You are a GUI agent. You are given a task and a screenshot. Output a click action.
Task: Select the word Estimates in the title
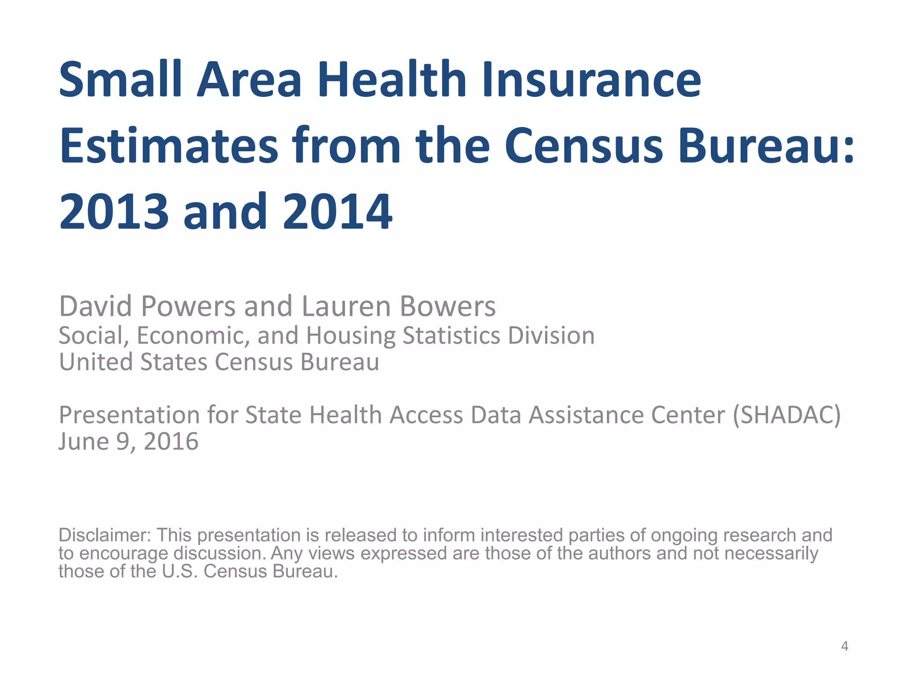tap(169, 145)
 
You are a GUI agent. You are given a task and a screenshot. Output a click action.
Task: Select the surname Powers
tap(188, 306)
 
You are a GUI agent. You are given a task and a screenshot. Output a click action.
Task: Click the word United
tap(96, 362)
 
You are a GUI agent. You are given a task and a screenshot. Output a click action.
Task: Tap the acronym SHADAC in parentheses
tap(786, 415)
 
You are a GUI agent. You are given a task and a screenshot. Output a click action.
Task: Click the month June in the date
tap(83, 442)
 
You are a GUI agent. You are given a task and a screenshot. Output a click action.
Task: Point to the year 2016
tap(171, 442)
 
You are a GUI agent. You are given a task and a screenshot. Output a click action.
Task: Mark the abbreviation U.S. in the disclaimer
tap(179, 572)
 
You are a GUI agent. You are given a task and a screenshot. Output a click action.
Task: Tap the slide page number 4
tap(844, 647)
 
